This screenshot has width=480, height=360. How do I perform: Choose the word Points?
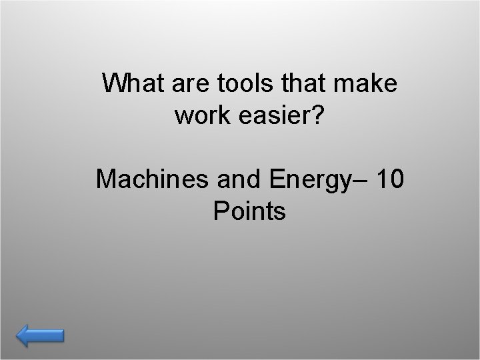(249, 212)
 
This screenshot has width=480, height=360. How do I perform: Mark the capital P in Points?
(220, 212)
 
